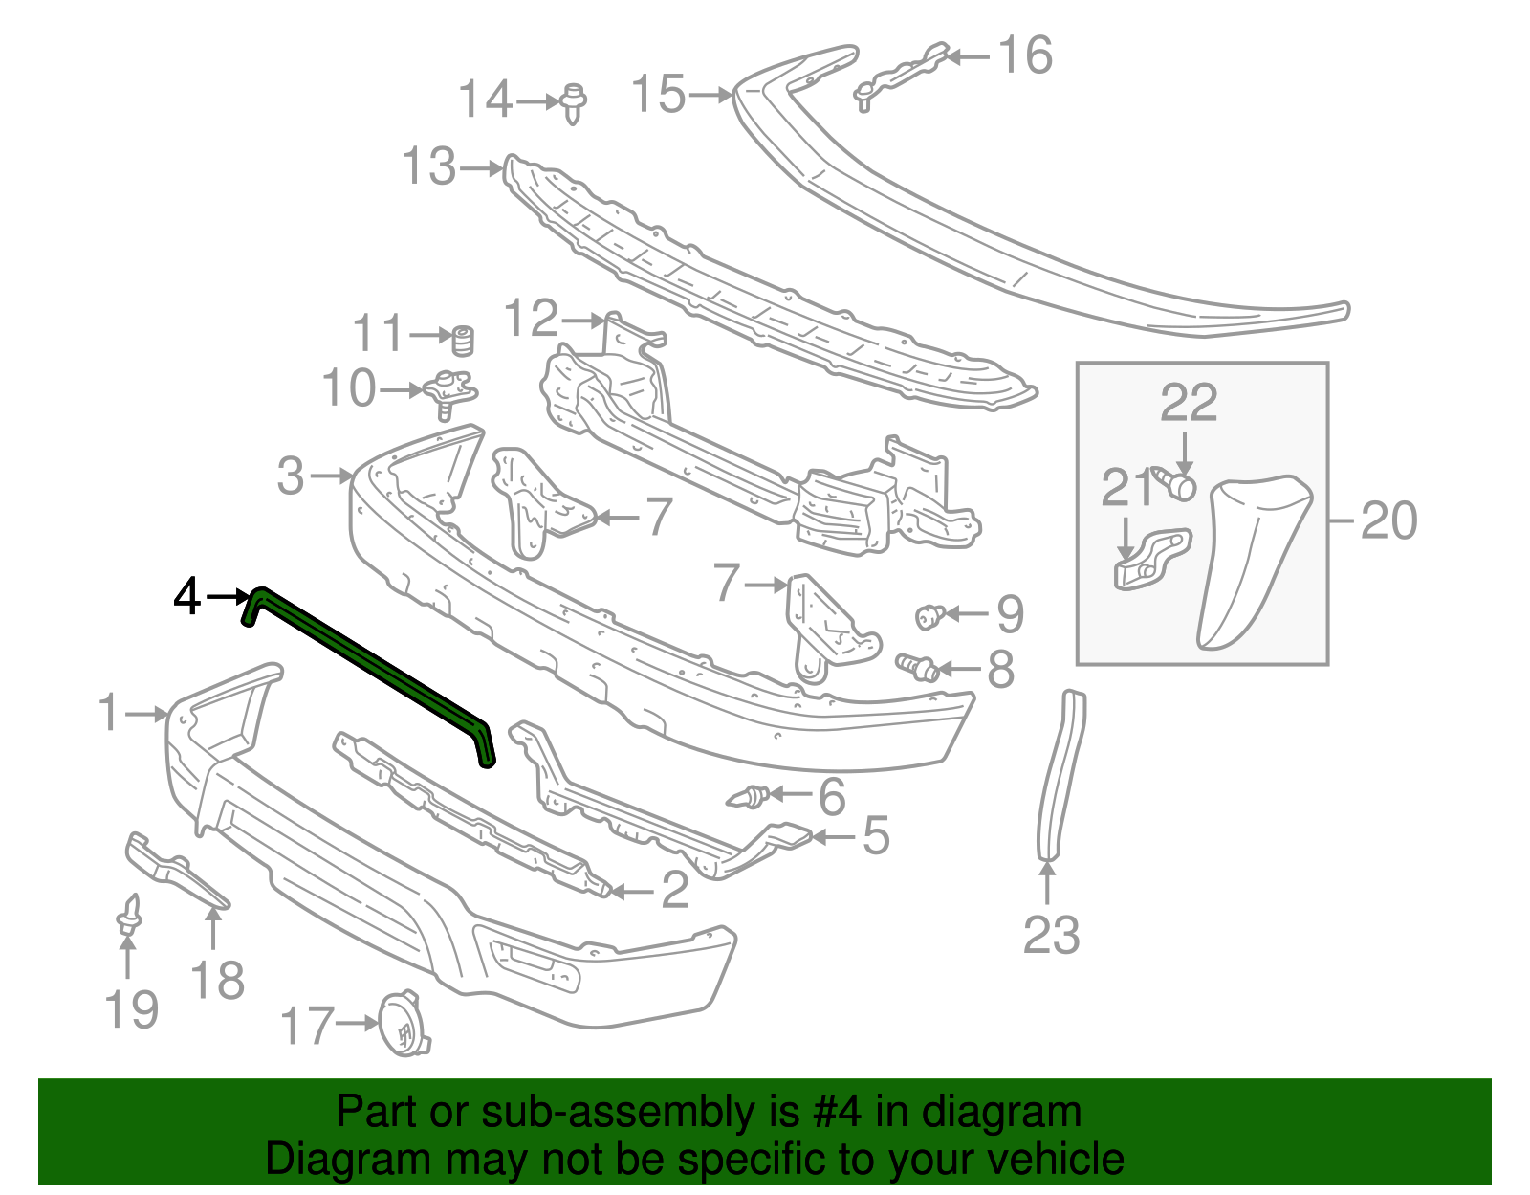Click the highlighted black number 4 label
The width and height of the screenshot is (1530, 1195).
click(x=187, y=597)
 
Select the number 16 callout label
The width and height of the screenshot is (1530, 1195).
click(x=1025, y=55)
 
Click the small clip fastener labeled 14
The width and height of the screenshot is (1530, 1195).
click(x=573, y=101)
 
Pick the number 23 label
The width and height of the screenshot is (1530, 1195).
click(x=1051, y=935)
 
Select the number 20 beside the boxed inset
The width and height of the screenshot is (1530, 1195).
click(x=1388, y=521)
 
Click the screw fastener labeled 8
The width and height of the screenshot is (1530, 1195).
click(x=916, y=664)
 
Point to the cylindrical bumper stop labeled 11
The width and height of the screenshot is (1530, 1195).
click(x=464, y=340)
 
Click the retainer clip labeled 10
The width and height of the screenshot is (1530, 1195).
click(x=450, y=392)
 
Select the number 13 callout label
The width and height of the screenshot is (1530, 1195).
click(x=429, y=166)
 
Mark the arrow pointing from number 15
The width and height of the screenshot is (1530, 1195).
click(x=710, y=95)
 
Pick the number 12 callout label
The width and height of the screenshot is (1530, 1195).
click(x=532, y=318)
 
